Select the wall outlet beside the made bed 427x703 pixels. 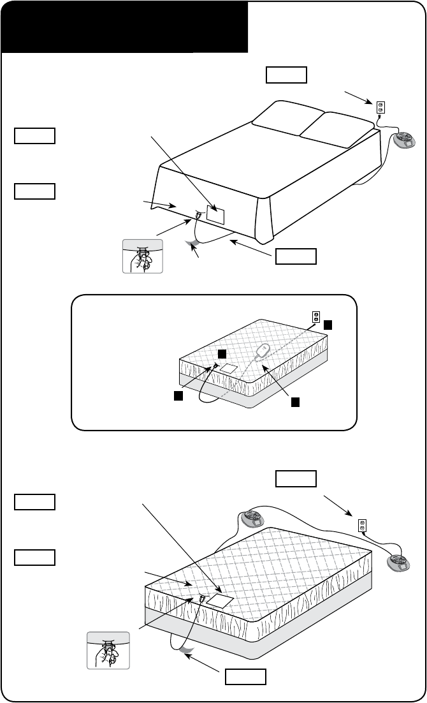380,107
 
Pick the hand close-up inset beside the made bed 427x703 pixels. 143,256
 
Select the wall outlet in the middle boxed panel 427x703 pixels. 315,316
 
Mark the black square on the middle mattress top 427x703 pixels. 221,353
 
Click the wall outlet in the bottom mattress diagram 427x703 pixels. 362,525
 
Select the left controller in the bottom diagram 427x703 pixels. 252,519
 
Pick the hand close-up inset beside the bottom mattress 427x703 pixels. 108,650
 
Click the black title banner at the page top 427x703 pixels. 124,26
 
